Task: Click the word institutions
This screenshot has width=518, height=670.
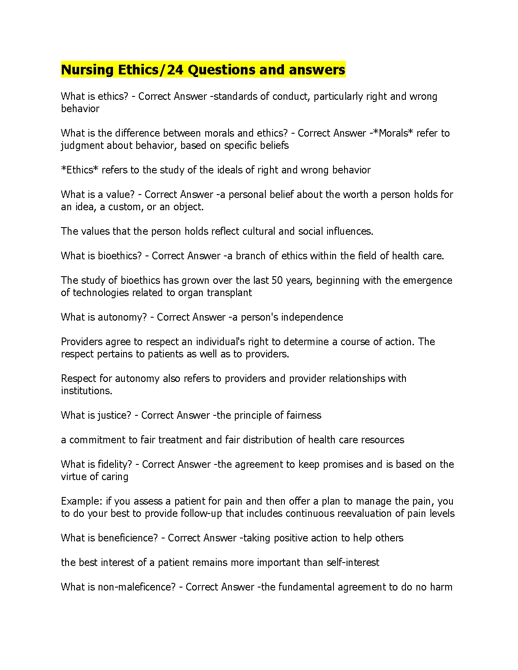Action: coord(86,391)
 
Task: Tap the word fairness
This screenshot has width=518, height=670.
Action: coord(303,415)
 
